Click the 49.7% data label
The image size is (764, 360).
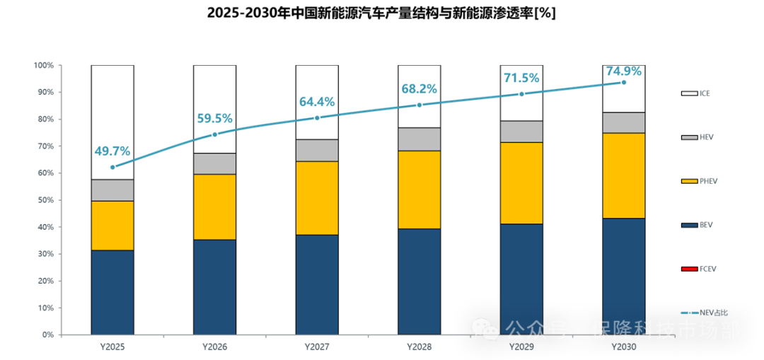112,151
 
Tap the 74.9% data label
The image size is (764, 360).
623,71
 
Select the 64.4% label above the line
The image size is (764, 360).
317,102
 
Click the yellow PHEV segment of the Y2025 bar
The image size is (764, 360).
112,225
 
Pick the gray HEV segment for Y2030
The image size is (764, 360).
623,122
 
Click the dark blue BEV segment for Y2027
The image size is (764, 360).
317,284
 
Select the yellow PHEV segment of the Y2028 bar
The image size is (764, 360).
419,190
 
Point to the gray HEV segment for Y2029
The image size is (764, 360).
521,132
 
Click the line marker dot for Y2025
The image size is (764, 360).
112,168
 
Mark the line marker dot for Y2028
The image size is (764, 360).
419,105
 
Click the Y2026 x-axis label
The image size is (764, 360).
215,347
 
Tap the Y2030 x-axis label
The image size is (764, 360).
623,347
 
